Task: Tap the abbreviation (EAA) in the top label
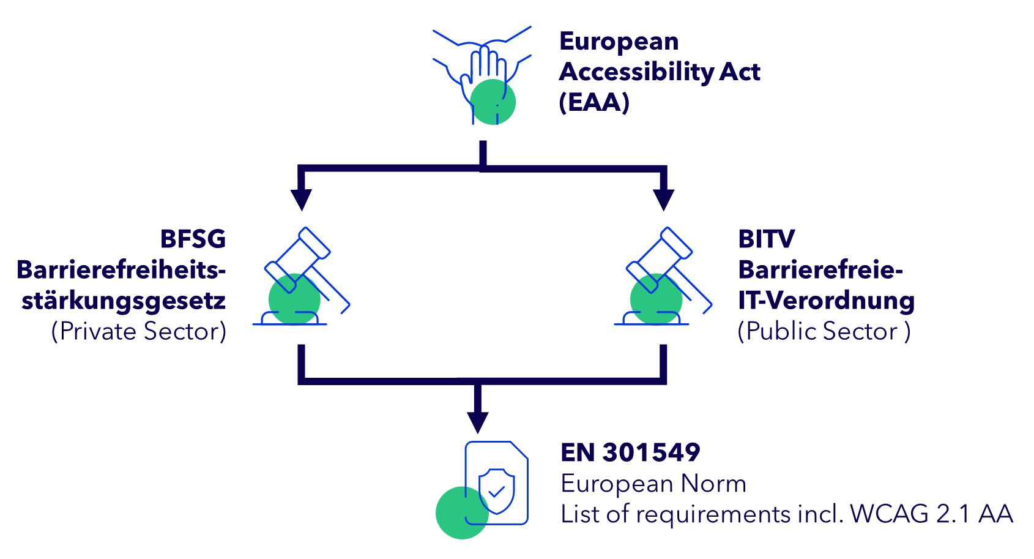pyautogui.click(x=594, y=102)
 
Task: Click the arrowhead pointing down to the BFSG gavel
pyautogui.click(x=301, y=200)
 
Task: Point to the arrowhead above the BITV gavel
pyautogui.click(x=663, y=200)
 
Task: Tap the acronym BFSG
pyautogui.click(x=193, y=239)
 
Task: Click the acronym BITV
pyautogui.click(x=766, y=239)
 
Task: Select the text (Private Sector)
pyautogui.click(x=139, y=331)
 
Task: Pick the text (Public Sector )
pyautogui.click(x=824, y=331)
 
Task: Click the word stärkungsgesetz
pyautogui.click(x=124, y=301)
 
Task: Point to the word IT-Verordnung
pyautogui.click(x=826, y=301)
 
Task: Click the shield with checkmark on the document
pyautogui.click(x=496, y=490)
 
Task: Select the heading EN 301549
pyautogui.click(x=630, y=452)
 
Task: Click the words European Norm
pyautogui.click(x=653, y=484)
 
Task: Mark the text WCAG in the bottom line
pyautogui.click(x=889, y=514)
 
